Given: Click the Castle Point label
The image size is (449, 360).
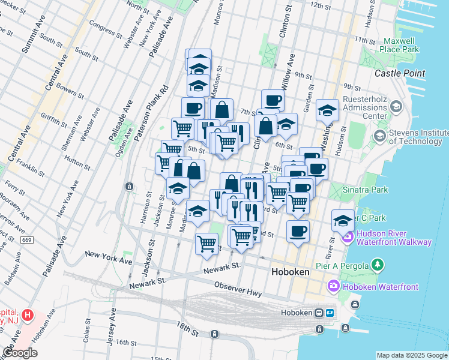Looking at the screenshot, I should pos(400,73).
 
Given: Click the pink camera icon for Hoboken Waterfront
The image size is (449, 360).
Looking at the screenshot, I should pos(333,287).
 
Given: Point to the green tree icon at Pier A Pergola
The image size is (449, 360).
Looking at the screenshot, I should pos(377,265).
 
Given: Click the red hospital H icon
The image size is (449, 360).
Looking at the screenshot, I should pos(26,314).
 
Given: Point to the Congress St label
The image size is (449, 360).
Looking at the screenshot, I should pos(104,27).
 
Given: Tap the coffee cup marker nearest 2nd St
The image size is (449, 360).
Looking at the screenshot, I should pos(297,232).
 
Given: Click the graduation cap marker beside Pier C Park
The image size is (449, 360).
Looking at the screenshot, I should pos(343,221).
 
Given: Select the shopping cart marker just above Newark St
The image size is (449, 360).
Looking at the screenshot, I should pos(206,244).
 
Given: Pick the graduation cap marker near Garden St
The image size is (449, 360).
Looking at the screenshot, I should pos(327,110).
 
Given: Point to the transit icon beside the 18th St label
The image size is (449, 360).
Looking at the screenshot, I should pos(214,333).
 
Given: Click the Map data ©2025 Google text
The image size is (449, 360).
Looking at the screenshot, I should pos(411,355).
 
